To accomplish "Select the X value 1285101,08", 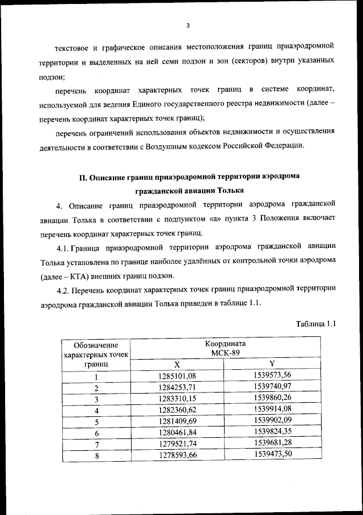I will (x=176, y=376).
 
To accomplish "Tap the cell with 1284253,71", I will (x=176, y=388).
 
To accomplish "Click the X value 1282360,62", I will (x=176, y=410).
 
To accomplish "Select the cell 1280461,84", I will (x=176, y=433).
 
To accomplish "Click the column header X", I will (x=176, y=365).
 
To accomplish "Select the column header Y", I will (x=272, y=364).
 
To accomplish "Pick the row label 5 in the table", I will (x=96, y=422).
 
